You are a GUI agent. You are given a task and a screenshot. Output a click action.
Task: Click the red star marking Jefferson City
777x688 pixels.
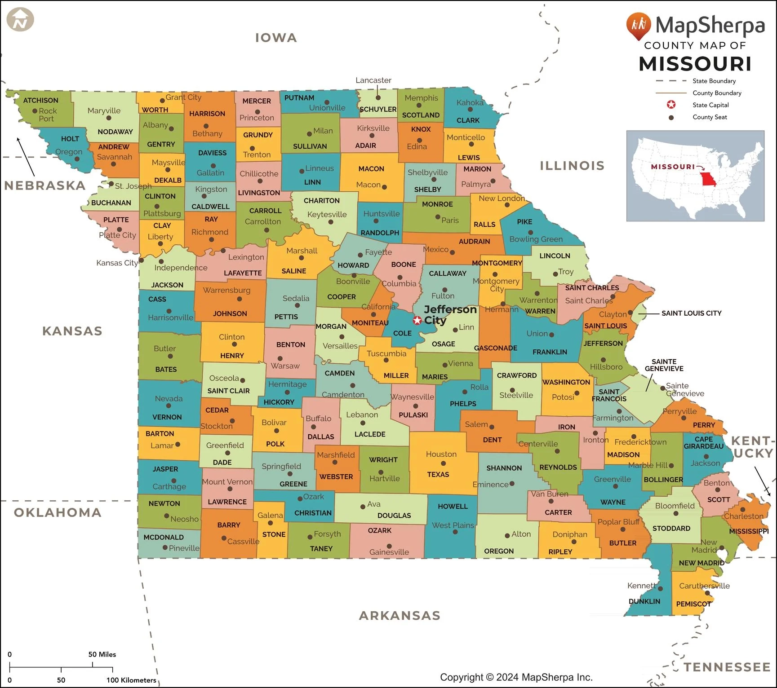(417, 320)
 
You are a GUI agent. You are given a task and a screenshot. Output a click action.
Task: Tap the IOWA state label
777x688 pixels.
(276, 38)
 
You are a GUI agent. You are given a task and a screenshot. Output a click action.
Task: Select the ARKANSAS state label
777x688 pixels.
(400, 615)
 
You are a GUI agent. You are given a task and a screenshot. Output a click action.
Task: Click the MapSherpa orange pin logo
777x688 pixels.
(638, 25)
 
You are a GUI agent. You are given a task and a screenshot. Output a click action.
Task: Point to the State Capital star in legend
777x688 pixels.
(671, 105)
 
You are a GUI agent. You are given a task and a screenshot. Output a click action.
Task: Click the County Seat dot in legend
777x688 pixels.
(671, 117)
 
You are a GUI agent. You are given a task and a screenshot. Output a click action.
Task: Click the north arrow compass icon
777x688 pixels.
(20, 20)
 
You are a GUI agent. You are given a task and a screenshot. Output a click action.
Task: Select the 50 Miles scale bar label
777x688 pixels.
(102, 654)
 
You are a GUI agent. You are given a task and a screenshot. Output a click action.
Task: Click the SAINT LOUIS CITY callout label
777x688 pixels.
(691, 313)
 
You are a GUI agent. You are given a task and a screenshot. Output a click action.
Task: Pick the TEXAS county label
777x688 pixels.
(438, 474)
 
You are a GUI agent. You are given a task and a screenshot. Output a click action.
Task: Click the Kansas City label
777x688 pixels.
(117, 263)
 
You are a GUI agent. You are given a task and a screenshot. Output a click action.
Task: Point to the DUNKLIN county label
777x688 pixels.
(644, 601)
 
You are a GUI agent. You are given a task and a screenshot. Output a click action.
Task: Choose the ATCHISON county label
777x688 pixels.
(40, 100)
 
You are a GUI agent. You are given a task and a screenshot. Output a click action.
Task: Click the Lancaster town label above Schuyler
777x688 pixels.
(373, 80)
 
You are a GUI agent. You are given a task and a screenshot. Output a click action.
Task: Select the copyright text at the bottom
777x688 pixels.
(516, 677)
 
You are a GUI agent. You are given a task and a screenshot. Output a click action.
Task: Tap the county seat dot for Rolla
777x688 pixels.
(465, 392)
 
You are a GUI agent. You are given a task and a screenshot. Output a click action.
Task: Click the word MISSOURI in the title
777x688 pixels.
(695, 64)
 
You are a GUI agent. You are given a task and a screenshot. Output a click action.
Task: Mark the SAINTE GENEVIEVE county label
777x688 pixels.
(664, 365)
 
